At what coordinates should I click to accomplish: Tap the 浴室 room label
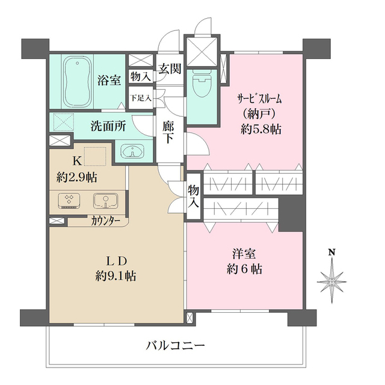(x=109, y=81)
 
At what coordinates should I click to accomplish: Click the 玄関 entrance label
(x=170, y=68)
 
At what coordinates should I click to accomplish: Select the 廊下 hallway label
(x=169, y=132)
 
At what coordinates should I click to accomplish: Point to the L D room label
(x=115, y=260)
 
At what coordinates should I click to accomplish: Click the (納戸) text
(x=256, y=113)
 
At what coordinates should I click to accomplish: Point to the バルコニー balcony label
(x=176, y=346)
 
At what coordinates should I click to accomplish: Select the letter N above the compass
(x=331, y=253)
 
